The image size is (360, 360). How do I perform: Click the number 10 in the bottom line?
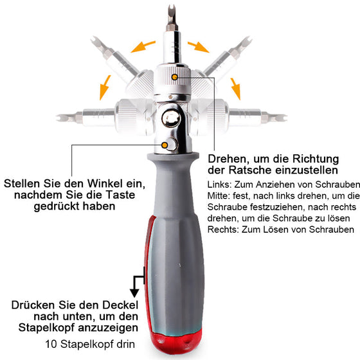(51, 344)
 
